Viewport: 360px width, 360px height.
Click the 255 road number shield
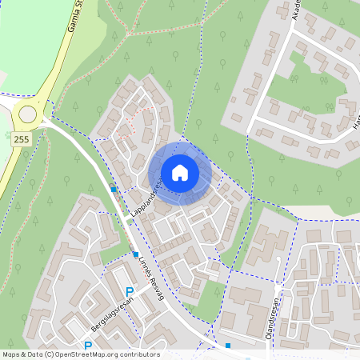click(22, 138)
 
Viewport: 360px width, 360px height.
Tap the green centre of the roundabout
click(28, 114)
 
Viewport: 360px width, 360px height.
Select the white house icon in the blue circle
click(180, 173)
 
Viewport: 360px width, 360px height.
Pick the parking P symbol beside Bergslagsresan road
click(130, 293)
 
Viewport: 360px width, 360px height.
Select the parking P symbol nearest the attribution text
click(88, 346)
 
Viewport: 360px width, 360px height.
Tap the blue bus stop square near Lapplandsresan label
click(114, 189)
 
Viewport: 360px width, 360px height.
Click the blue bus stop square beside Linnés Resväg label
click(135, 254)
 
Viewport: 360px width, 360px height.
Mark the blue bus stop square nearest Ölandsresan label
click(228, 346)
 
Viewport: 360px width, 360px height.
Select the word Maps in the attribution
click(12, 354)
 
